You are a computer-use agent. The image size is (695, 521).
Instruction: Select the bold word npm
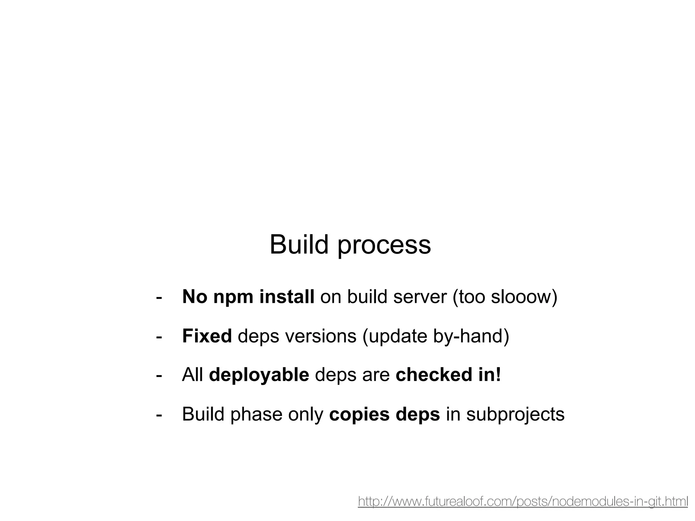[x=233, y=297]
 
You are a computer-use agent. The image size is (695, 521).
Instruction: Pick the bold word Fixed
[x=207, y=336]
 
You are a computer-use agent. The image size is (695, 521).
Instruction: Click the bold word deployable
[x=259, y=375]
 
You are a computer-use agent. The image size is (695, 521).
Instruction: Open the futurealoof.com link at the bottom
[x=523, y=501]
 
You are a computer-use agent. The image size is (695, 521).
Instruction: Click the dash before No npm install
[x=158, y=297]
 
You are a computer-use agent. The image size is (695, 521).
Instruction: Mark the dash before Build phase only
[x=158, y=414]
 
